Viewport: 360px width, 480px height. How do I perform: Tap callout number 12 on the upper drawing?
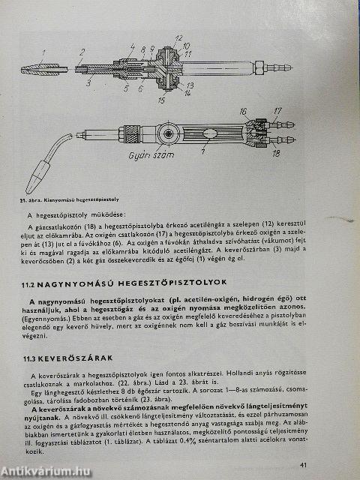(178, 37)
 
